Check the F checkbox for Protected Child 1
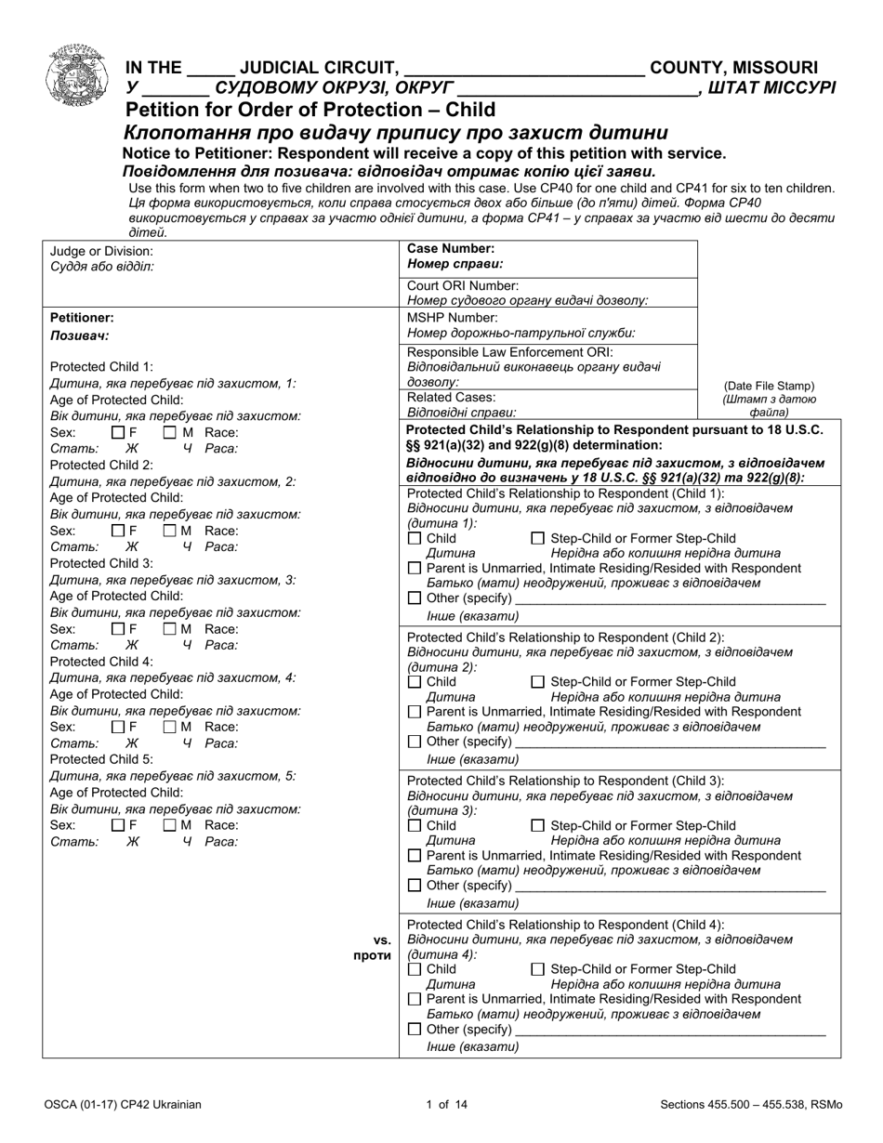pyautogui.click(x=117, y=432)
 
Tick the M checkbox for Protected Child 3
pyautogui.click(x=169, y=629)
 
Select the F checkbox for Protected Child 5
pyautogui.click(x=117, y=825)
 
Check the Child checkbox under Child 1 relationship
pyautogui.click(x=415, y=539)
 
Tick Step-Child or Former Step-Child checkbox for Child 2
pyautogui.click(x=537, y=682)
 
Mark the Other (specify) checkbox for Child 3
pyautogui.click(x=415, y=886)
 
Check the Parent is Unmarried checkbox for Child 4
pyautogui.click(x=415, y=999)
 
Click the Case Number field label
pyautogui.click(x=450, y=249)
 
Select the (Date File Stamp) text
pyautogui.click(x=769, y=387)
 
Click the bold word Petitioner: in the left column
pyautogui.click(x=82, y=317)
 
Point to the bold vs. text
pyautogui.click(x=381, y=939)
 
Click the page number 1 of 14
pyautogui.click(x=441, y=1105)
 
